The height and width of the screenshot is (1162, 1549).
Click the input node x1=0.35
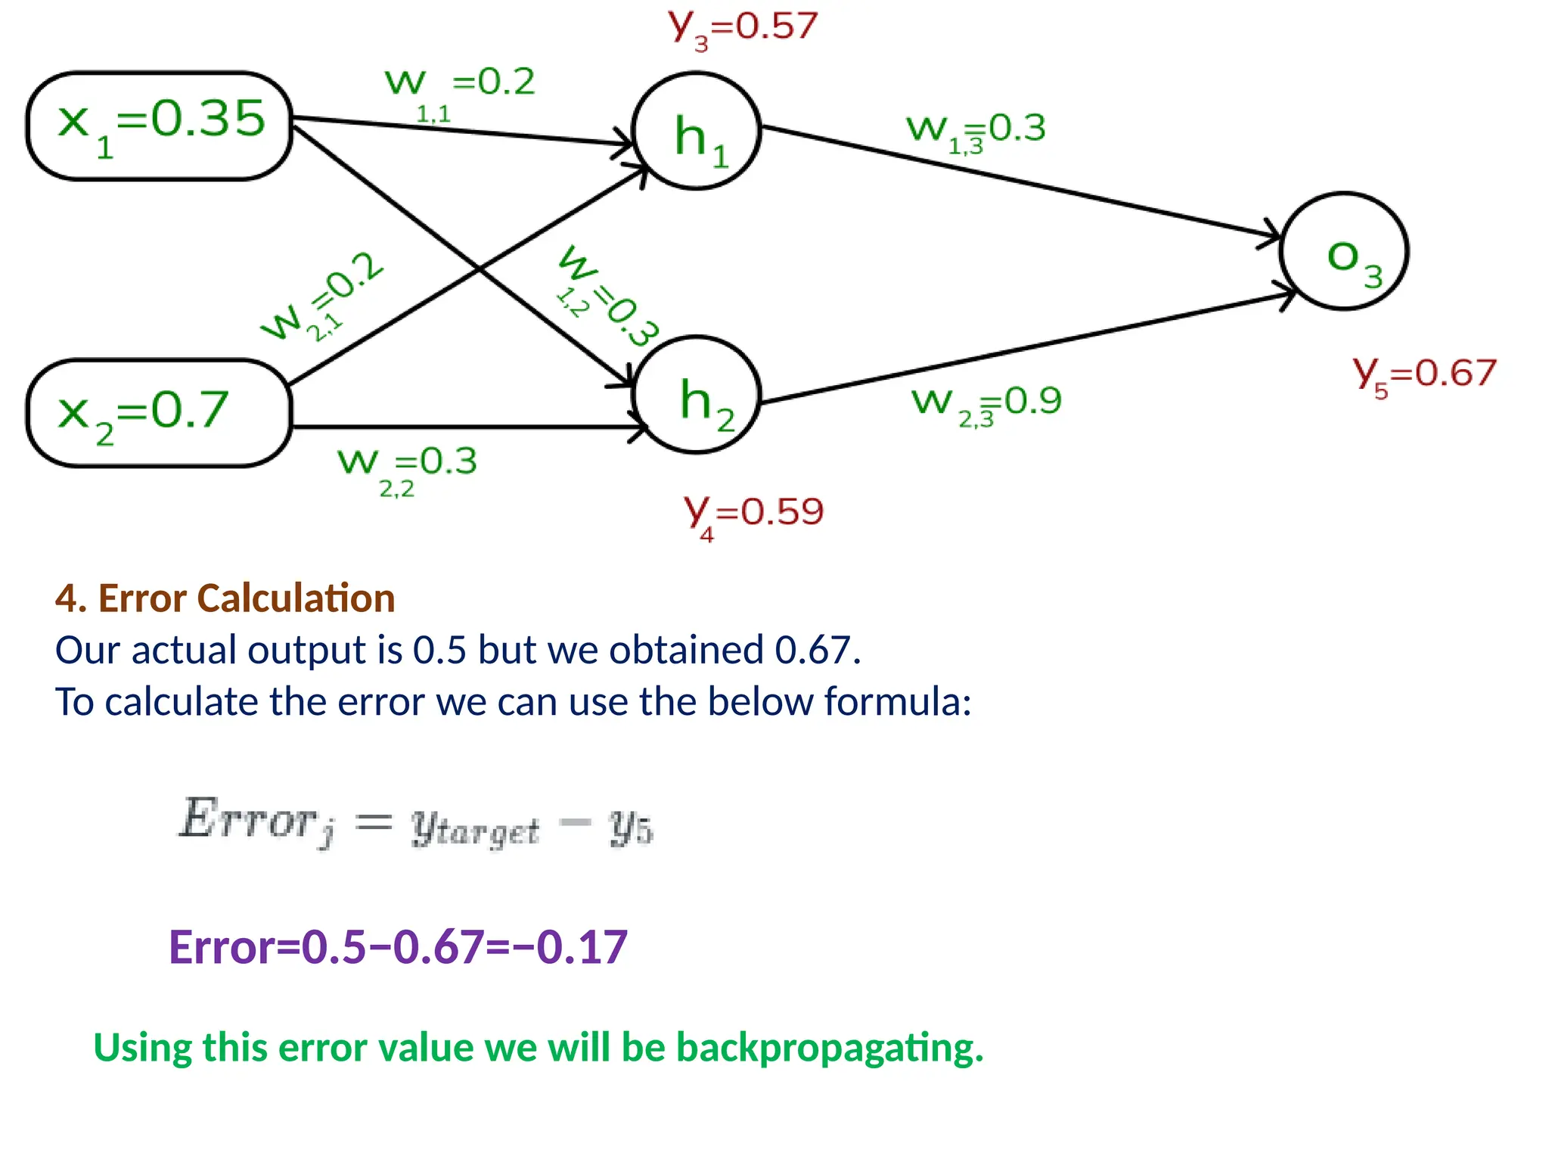pos(159,126)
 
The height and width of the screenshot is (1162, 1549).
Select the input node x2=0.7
pos(159,413)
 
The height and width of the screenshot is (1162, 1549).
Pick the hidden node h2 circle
pos(696,395)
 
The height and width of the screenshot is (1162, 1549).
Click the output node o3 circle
pos(1344,251)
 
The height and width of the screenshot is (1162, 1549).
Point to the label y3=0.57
pos(743,29)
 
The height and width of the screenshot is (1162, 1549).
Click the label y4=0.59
pos(753,514)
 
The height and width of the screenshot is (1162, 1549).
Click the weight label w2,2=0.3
pos(407,468)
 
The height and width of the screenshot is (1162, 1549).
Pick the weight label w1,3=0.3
pos(976,132)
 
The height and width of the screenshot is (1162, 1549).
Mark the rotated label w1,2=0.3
pos(605,295)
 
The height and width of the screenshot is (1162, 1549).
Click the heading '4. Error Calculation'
pos(225,598)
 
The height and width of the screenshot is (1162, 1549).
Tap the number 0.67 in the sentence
pos(817,650)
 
